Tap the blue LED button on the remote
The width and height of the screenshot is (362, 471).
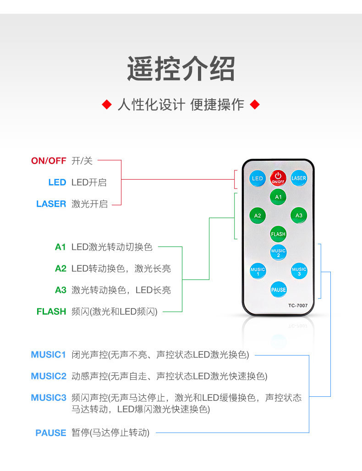pyautogui.click(x=258, y=178)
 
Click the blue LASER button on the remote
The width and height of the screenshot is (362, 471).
pyautogui.click(x=299, y=178)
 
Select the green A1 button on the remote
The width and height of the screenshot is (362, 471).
pyautogui.click(x=278, y=197)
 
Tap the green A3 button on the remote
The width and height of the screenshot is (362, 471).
pyautogui.click(x=299, y=215)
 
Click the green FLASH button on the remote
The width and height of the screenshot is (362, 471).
pyautogui.click(x=278, y=234)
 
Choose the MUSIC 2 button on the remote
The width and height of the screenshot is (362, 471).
pyautogui.click(x=278, y=252)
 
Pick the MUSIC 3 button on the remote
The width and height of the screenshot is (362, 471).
pyautogui.click(x=299, y=271)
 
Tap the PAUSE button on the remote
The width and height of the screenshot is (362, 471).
pyautogui.click(x=278, y=290)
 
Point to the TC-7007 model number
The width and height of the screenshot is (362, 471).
pyautogui.click(x=298, y=306)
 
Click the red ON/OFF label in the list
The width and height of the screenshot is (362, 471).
pyautogui.click(x=49, y=161)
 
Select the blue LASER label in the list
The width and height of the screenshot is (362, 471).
pyautogui.click(x=51, y=204)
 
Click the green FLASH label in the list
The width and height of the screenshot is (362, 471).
pyautogui.click(x=51, y=312)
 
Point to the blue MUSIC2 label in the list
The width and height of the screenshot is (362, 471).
pyautogui.click(x=49, y=376)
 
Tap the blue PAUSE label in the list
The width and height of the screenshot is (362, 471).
pyautogui.click(x=51, y=433)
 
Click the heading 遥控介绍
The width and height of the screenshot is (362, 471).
pyautogui.click(x=181, y=69)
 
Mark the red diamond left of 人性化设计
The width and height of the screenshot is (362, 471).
pyautogui.click(x=107, y=105)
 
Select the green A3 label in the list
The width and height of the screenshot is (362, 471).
pyautogui.click(x=60, y=290)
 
